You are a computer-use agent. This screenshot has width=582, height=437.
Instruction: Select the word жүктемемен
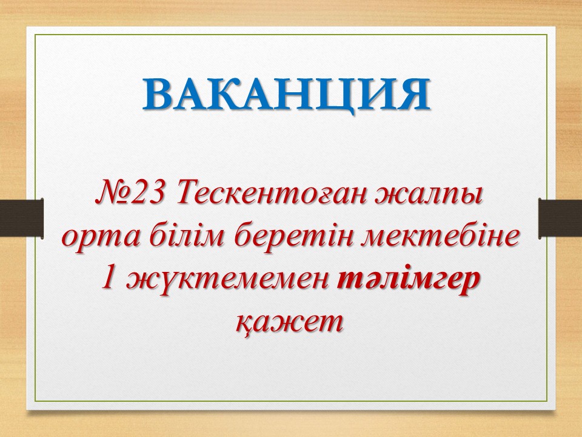click(225, 279)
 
